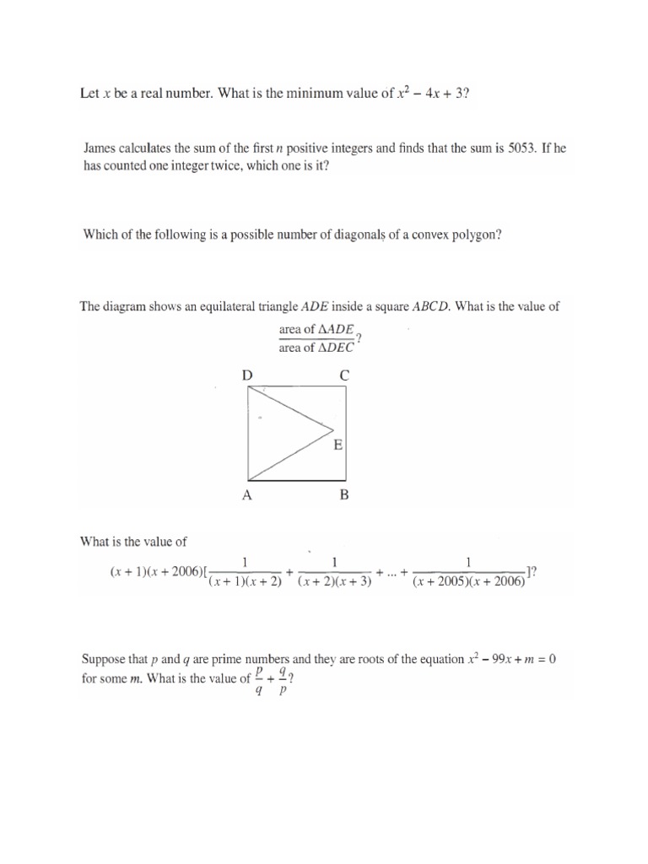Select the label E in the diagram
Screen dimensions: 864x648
(337, 445)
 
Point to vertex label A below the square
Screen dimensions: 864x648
(247, 496)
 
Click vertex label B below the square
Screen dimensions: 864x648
(343, 496)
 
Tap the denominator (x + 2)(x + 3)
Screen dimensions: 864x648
(335, 581)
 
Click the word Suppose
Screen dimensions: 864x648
(103, 658)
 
